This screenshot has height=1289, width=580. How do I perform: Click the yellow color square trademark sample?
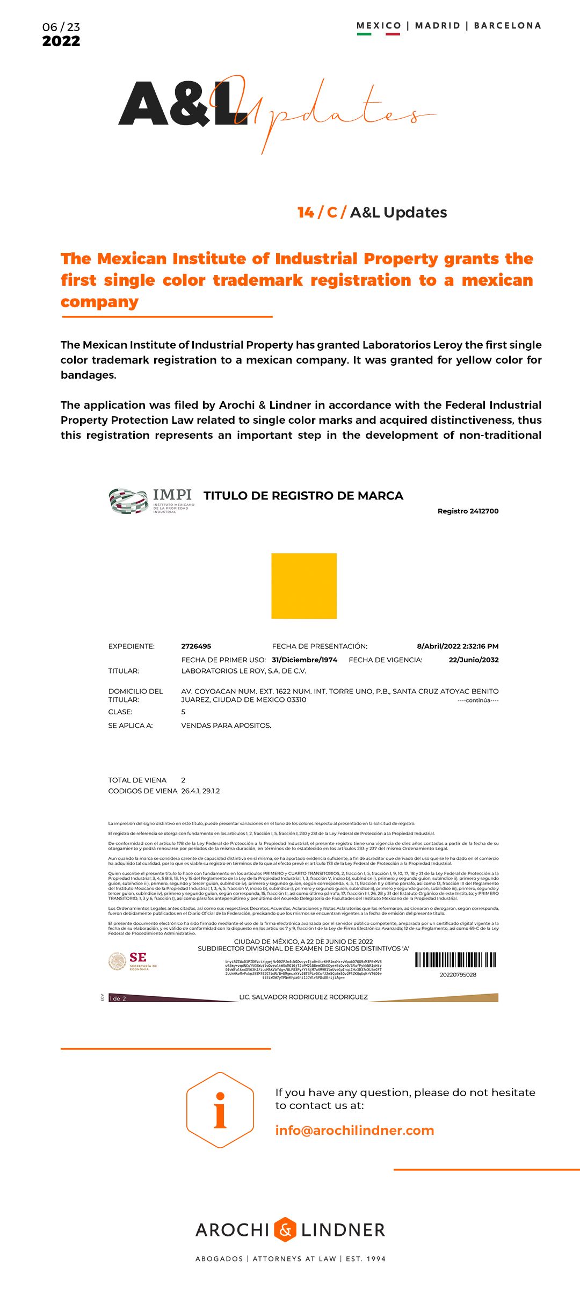(304, 586)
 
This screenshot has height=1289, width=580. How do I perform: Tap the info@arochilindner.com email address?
(354, 1130)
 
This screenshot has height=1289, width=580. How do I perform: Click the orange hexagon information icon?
(220, 1110)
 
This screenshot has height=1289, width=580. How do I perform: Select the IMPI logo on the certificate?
(151, 501)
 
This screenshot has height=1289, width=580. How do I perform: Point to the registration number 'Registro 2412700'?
(468, 511)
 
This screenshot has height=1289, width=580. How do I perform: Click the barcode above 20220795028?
(455, 960)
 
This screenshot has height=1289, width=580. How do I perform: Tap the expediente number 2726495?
(196, 646)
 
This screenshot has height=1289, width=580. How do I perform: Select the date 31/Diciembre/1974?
(305, 660)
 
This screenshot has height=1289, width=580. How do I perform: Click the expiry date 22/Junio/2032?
(474, 660)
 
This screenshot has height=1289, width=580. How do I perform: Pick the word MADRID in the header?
(438, 26)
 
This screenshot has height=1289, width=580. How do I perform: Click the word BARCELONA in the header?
(508, 26)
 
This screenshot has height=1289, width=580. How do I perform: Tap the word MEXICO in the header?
(379, 26)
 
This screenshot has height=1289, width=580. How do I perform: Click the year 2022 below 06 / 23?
(61, 41)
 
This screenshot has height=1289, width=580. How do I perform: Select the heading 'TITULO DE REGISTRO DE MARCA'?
(303, 496)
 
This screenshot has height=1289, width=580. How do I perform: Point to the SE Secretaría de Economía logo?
(133, 961)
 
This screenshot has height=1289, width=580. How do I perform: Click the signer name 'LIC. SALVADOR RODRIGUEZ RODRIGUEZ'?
(303, 997)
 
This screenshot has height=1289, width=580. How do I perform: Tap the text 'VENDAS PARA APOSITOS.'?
(226, 726)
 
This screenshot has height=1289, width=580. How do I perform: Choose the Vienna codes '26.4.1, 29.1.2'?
(200, 791)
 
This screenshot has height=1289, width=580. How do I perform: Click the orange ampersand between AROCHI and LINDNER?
(285, 1229)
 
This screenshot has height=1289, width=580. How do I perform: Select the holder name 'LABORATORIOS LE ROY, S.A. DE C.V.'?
(244, 671)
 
